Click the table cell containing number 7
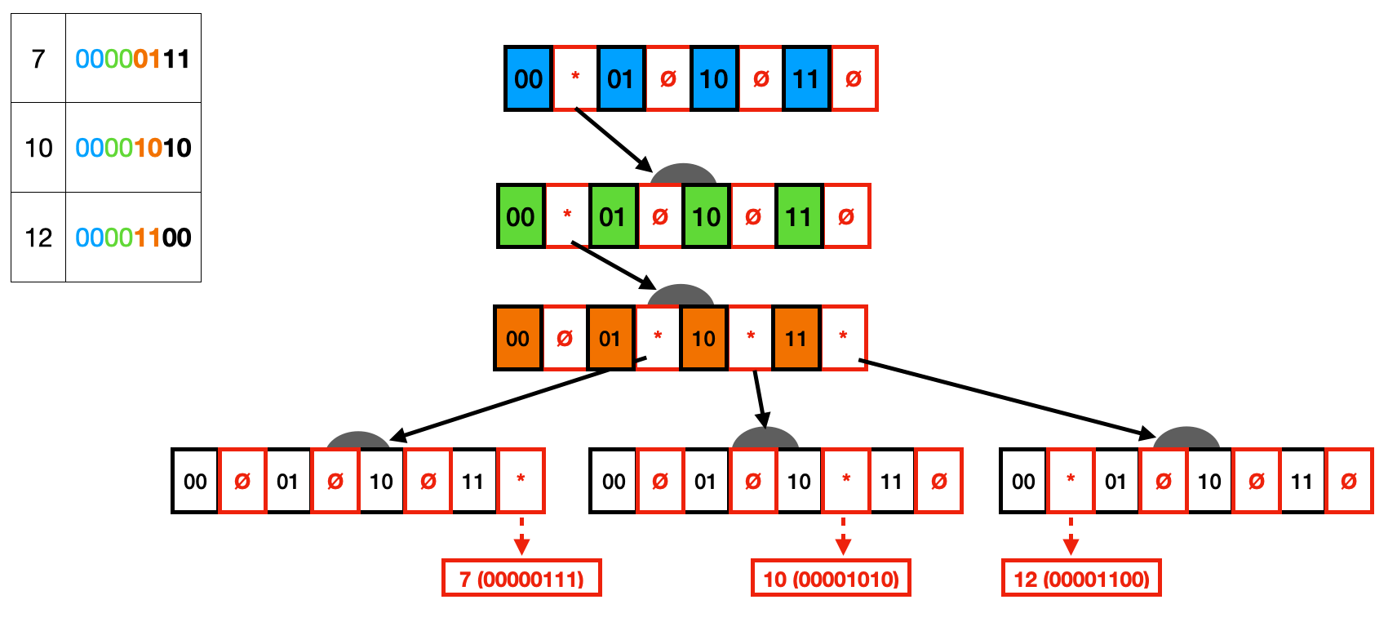[x=38, y=59]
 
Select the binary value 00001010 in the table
[x=133, y=148]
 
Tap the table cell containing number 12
[x=38, y=238]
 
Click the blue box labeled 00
[x=528, y=78]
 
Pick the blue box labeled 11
[x=806, y=78]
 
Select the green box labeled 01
[x=612, y=216]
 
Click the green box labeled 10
[x=706, y=216]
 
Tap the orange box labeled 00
[x=517, y=338]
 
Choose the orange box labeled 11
[x=796, y=338]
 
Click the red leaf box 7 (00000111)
[x=521, y=578]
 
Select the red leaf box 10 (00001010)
[x=831, y=578]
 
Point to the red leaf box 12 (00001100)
[x=1081, y=578]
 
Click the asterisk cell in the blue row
[x=575, y=78]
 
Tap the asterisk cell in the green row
[x=567, y=216]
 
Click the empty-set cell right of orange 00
[x=565, y=338]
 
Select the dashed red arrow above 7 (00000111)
[x=521, y=536]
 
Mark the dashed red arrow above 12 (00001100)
[x=1071, y=536]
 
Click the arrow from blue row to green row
[x=614, y=140]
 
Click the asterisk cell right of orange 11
[x=843, y=338]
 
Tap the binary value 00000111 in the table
[x=133, y=59]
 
